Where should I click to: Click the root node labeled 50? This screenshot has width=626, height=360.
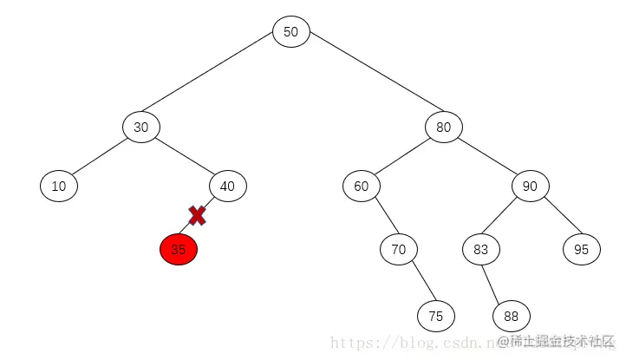point(291,32)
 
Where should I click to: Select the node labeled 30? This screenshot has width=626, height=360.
point(140,128)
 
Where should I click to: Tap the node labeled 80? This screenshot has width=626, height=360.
point(444,128)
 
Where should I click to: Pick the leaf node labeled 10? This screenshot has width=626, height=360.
point(59,186)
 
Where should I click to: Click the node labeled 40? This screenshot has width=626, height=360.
point(228,186)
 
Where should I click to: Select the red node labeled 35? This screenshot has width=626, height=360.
point(179,250)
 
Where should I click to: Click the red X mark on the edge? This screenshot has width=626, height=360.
point(198,216)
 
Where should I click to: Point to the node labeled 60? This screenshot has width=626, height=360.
point(362,186)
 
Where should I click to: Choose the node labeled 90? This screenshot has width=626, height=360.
point(531,186)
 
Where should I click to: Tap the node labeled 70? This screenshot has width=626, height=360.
point(399,250)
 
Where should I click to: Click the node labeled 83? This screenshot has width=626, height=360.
point(480,250)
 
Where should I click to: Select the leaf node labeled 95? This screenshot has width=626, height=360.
point(581,250)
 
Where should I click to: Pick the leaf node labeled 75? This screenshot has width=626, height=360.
point(435,316)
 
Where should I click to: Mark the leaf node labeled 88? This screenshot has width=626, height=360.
point(511,316)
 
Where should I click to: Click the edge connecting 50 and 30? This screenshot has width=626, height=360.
point(216,80)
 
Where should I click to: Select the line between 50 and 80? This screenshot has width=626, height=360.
point(368,80)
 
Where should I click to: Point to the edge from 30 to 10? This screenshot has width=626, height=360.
point(100,157)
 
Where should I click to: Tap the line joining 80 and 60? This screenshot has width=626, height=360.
point(403,157)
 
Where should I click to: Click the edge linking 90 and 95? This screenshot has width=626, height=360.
point(556,218)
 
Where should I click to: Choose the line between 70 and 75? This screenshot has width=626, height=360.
point(417,283)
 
